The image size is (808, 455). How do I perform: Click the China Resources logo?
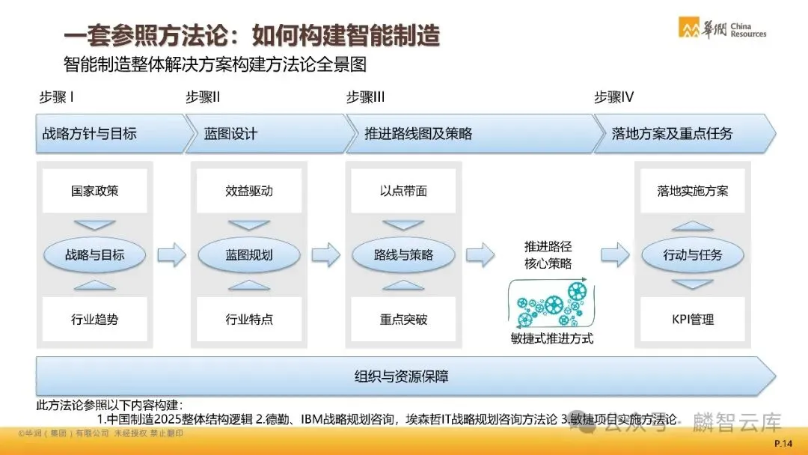point(721,28)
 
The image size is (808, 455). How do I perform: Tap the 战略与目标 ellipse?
point(94,254)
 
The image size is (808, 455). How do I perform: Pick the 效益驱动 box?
point(249,191)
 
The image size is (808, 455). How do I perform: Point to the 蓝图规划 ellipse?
point(249,254)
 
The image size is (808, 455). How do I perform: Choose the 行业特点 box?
point(249,320)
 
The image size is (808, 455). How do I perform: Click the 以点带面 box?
point(403,191)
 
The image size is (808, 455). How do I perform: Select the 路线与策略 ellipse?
point(403,254)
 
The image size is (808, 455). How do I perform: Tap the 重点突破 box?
point(403,320)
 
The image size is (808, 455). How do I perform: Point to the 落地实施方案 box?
point(693,191)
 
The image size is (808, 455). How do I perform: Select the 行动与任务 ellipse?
point(693,254)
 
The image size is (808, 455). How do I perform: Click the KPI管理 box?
point(693,320)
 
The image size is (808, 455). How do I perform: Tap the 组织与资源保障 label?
point(402,376)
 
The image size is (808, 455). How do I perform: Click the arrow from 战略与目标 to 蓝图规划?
point(171,254)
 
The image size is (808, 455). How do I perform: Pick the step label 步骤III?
point(366,97)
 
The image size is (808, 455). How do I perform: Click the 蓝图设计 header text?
point(230,134)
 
